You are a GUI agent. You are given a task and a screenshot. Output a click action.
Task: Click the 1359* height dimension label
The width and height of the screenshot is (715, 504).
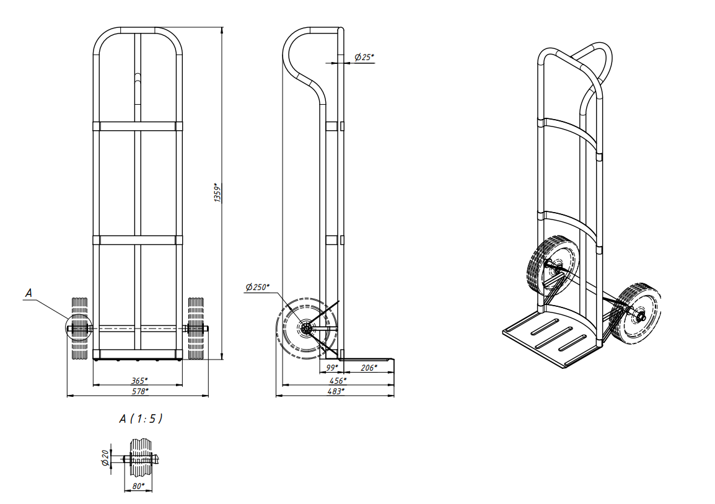click(218, 192)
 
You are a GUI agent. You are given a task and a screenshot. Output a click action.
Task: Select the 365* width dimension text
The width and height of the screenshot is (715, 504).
click(139, 381)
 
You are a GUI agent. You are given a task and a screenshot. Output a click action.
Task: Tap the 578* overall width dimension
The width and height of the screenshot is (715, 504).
click(140, 391)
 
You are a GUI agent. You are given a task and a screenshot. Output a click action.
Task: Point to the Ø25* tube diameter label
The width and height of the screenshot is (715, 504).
click(364, 57)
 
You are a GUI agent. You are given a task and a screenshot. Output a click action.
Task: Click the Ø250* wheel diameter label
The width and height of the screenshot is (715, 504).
click(257, 287)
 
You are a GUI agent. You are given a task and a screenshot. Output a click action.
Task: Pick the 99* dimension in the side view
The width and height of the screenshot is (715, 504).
click(332, 368)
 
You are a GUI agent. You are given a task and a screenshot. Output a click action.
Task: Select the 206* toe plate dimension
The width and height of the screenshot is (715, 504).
click(369, 368)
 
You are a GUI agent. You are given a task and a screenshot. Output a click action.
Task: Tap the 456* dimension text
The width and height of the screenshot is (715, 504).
click(338, 381)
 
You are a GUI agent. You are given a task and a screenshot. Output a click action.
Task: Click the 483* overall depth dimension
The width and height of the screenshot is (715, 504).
click(336, 391)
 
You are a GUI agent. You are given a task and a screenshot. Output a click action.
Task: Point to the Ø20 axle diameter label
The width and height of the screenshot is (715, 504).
click(105, 458)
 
